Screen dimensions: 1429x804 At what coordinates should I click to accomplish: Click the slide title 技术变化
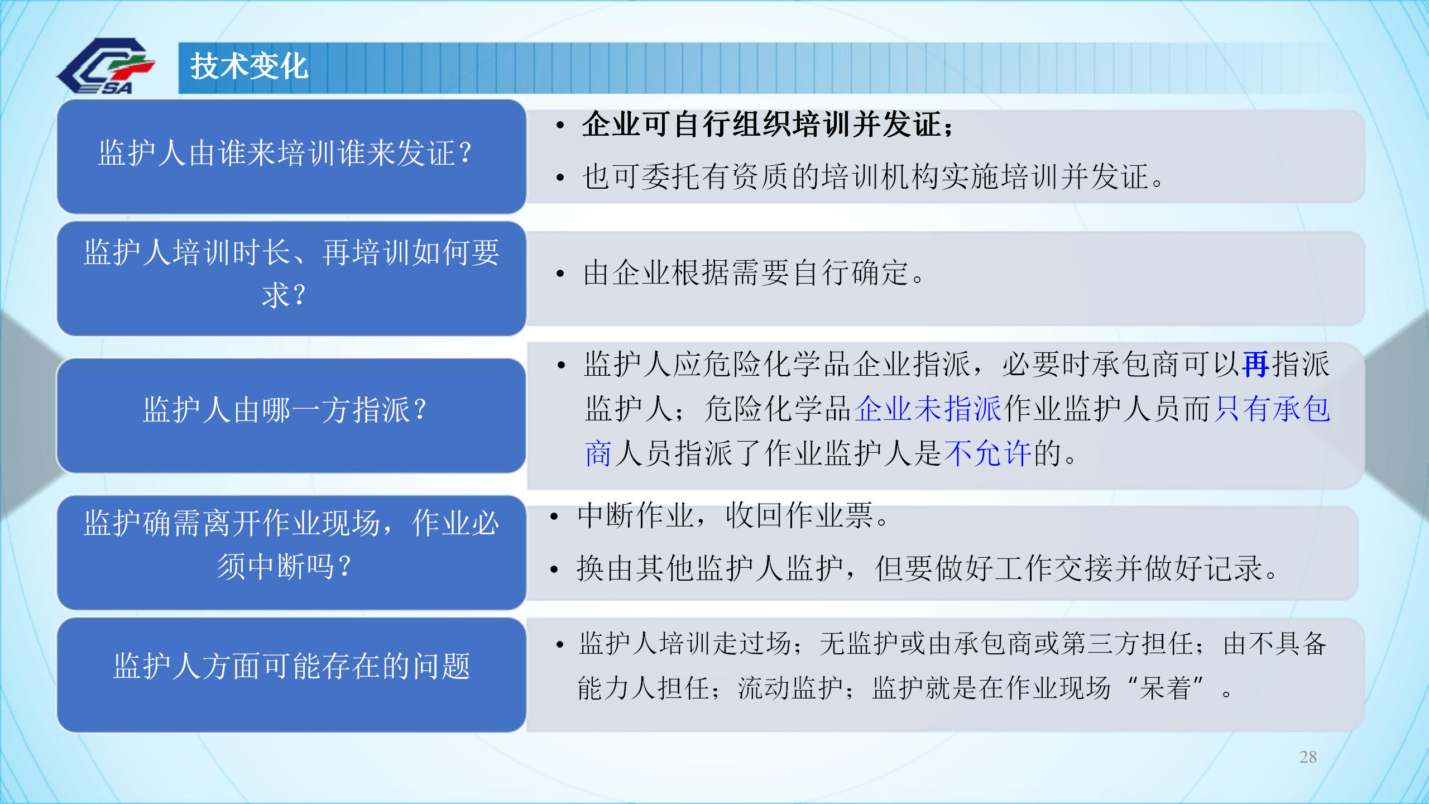click(x=249, y=66)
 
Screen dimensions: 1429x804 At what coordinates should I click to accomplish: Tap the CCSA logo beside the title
click(x=106, y=66)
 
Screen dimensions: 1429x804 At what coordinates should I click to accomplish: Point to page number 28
click(x=1308, y=757)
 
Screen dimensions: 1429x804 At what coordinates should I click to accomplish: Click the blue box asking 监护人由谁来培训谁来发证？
click(x=291, y=156)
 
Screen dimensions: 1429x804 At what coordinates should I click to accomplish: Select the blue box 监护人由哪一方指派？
click(x=291, y=415)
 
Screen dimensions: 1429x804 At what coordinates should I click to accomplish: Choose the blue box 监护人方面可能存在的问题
click(x=291, y=674)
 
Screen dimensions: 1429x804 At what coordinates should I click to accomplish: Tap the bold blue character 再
click(x=1257, y=365)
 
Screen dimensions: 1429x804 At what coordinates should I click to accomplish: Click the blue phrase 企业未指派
click(x=928, y=409)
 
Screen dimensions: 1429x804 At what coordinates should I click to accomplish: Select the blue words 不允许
click(x=987, y=453)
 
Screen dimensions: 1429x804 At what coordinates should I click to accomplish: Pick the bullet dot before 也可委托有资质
click(x=560, y=178)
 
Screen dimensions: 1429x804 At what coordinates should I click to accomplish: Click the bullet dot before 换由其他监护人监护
click(x=554, y=569)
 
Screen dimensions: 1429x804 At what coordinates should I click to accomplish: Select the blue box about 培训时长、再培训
click(x=291, y=279)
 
